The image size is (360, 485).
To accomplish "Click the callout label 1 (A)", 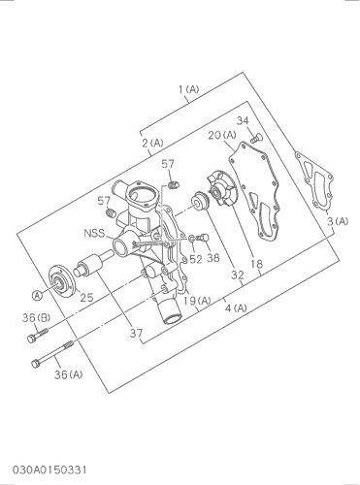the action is (x=189, y=89).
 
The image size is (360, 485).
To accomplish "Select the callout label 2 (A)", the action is (x=153, y=143).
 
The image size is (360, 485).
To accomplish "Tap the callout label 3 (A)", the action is (x=338, y=221).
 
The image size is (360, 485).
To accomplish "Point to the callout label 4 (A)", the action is (x=236, y=308).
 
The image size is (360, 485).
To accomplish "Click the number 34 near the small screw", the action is (x=243, y=120).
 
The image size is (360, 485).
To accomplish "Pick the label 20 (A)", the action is (x=222, y=135).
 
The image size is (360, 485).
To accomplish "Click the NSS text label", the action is (x=94, y=233).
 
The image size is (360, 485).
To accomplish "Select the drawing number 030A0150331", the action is (x=49, y=469).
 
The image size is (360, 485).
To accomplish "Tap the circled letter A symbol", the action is (x=38, y=295).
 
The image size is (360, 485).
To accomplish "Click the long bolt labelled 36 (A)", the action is (x=52, y=354).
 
